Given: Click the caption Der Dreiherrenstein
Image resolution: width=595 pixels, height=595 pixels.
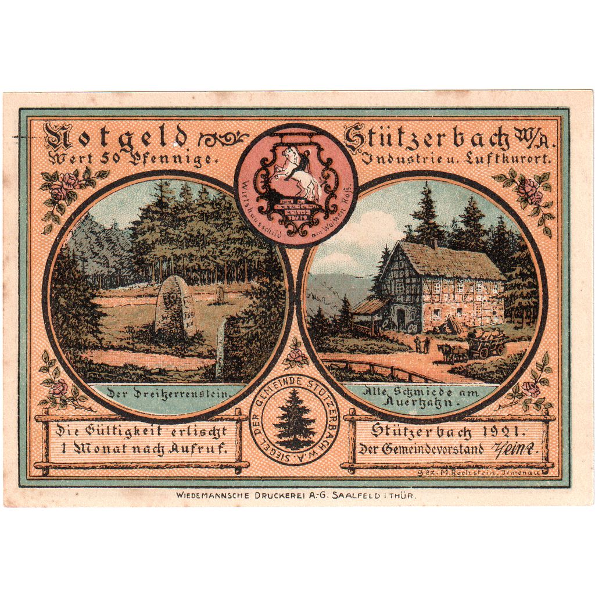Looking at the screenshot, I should click(168, 394).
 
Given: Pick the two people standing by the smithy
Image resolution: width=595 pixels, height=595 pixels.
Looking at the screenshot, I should click(422, 345).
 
